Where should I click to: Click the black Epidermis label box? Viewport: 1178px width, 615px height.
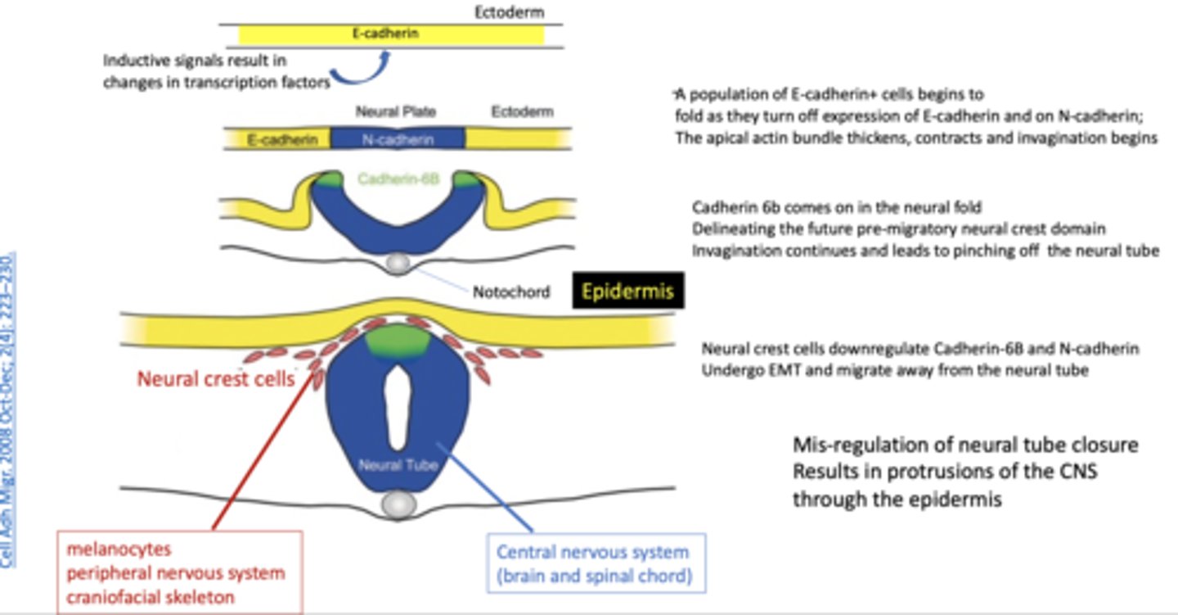point(627,291)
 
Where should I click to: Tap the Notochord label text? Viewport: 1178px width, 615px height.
point(511,292)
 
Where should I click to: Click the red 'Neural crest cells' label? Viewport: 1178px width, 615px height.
point(215,380)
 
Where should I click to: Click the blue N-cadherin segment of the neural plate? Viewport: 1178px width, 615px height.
point(397,140)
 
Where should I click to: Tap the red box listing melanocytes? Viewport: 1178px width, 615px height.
point(179,572)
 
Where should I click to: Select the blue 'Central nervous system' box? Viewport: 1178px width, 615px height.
point(595,563)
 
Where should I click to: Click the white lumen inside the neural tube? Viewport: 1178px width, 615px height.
point(398,407)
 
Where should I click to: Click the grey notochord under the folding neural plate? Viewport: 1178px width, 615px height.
point(398,263)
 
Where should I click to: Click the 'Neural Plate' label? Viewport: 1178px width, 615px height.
point(396,111)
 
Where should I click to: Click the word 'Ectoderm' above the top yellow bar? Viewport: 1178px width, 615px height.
point(509,13)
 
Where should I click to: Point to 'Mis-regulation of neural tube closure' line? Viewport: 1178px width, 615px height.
point(964,445)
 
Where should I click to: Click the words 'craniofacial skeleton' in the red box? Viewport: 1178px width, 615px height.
point(151,596)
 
